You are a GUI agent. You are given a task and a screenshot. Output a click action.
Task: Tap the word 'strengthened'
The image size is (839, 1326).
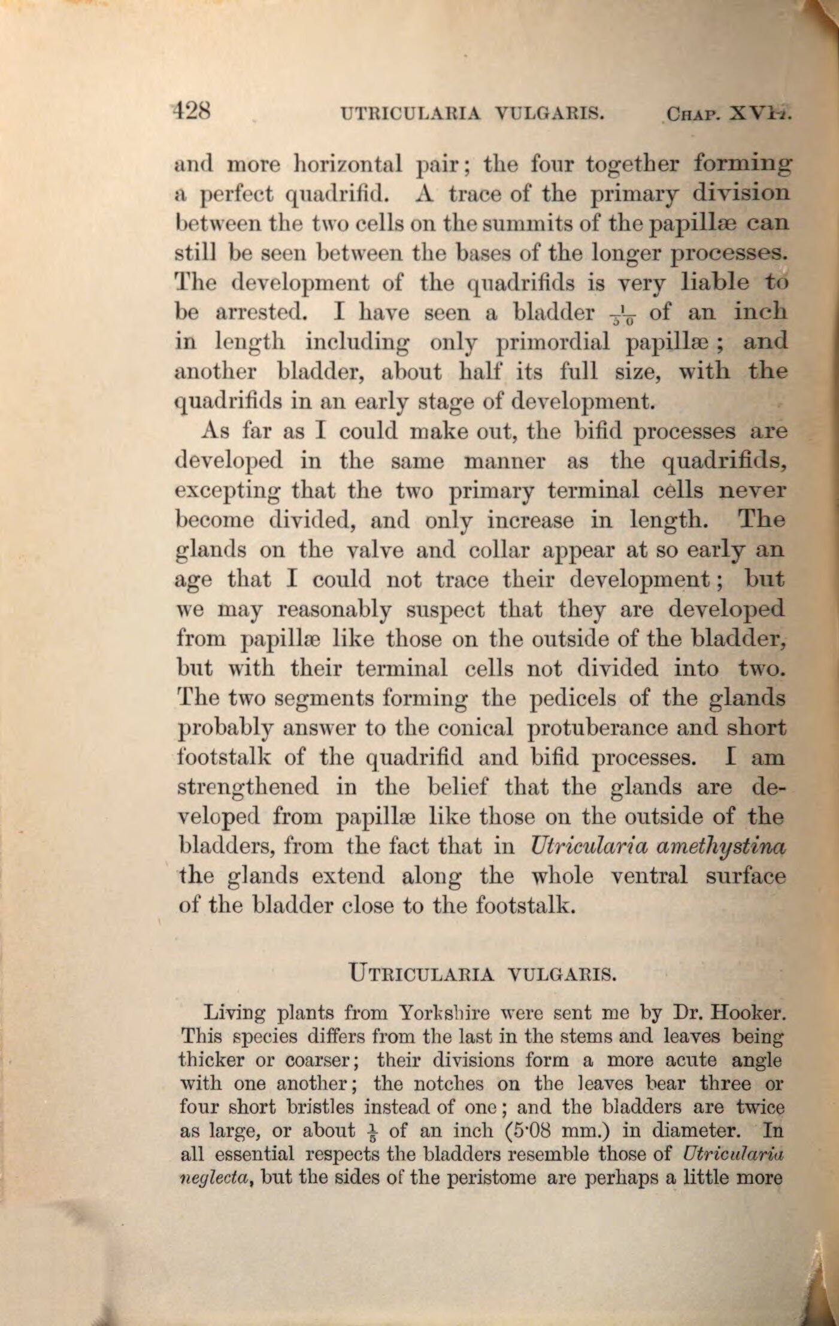(248, 787)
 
